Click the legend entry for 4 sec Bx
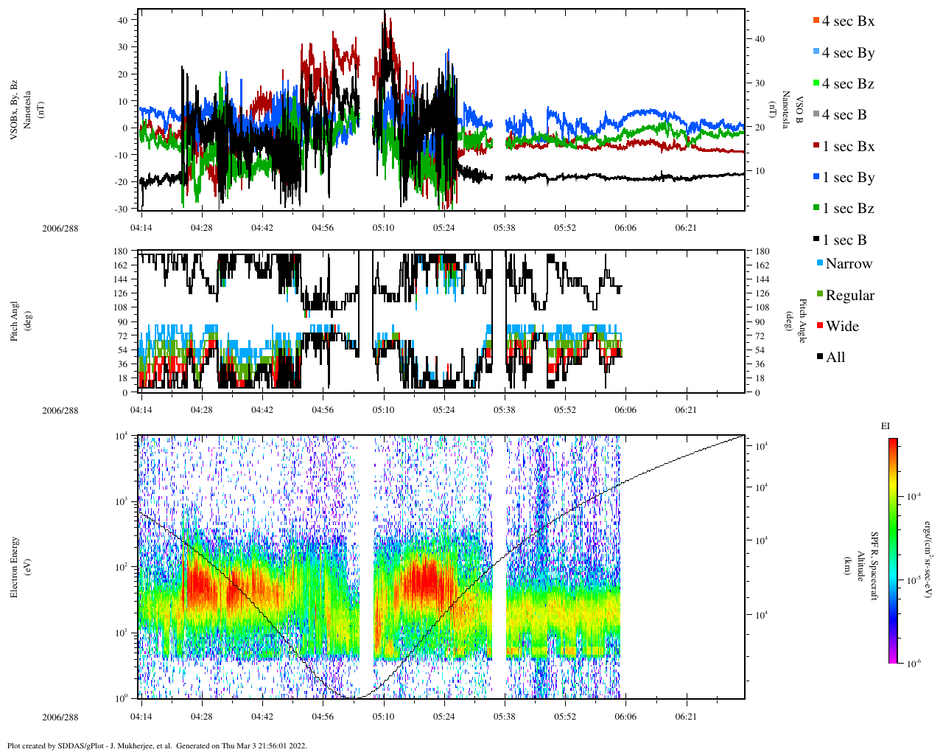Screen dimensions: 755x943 (x=848, y=21)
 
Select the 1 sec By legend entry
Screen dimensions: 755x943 (x=848, y=178)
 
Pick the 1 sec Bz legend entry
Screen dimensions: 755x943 (x=848, y=209)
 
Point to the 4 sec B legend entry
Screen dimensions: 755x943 (x=844, y=115)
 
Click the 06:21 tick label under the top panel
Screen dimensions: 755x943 (x=686, y=228)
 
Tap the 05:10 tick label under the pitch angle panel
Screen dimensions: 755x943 (x=384, y=410)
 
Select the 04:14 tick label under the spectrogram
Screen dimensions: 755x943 (x=141, y=717)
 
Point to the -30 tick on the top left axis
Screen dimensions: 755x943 (x=122, y=209)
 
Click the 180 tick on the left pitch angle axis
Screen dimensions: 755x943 (x=121, y=251)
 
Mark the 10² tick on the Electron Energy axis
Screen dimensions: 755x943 (x=122, y=566)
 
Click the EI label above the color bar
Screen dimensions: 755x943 (x=886, y=426)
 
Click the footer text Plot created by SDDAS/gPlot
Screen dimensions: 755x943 (x=157, y=745)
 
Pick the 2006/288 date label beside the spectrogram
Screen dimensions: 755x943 (x=60, y=717)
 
